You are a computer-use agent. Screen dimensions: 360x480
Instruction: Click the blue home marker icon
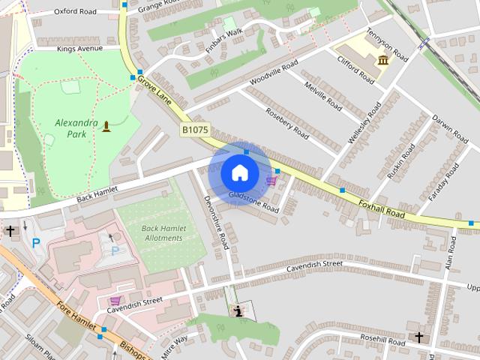(239, 172)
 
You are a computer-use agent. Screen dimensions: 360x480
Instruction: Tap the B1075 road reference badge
(194, 130)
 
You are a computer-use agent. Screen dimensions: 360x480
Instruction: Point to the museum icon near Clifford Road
(383, 60)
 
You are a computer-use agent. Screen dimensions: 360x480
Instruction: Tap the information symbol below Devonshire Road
(238, 310)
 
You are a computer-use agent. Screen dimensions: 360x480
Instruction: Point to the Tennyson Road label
(386, 46)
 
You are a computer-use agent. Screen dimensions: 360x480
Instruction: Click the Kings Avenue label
(79, 49)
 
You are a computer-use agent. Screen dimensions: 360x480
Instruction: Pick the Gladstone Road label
(253, 201)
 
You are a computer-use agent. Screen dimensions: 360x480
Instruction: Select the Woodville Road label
(274, 72)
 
